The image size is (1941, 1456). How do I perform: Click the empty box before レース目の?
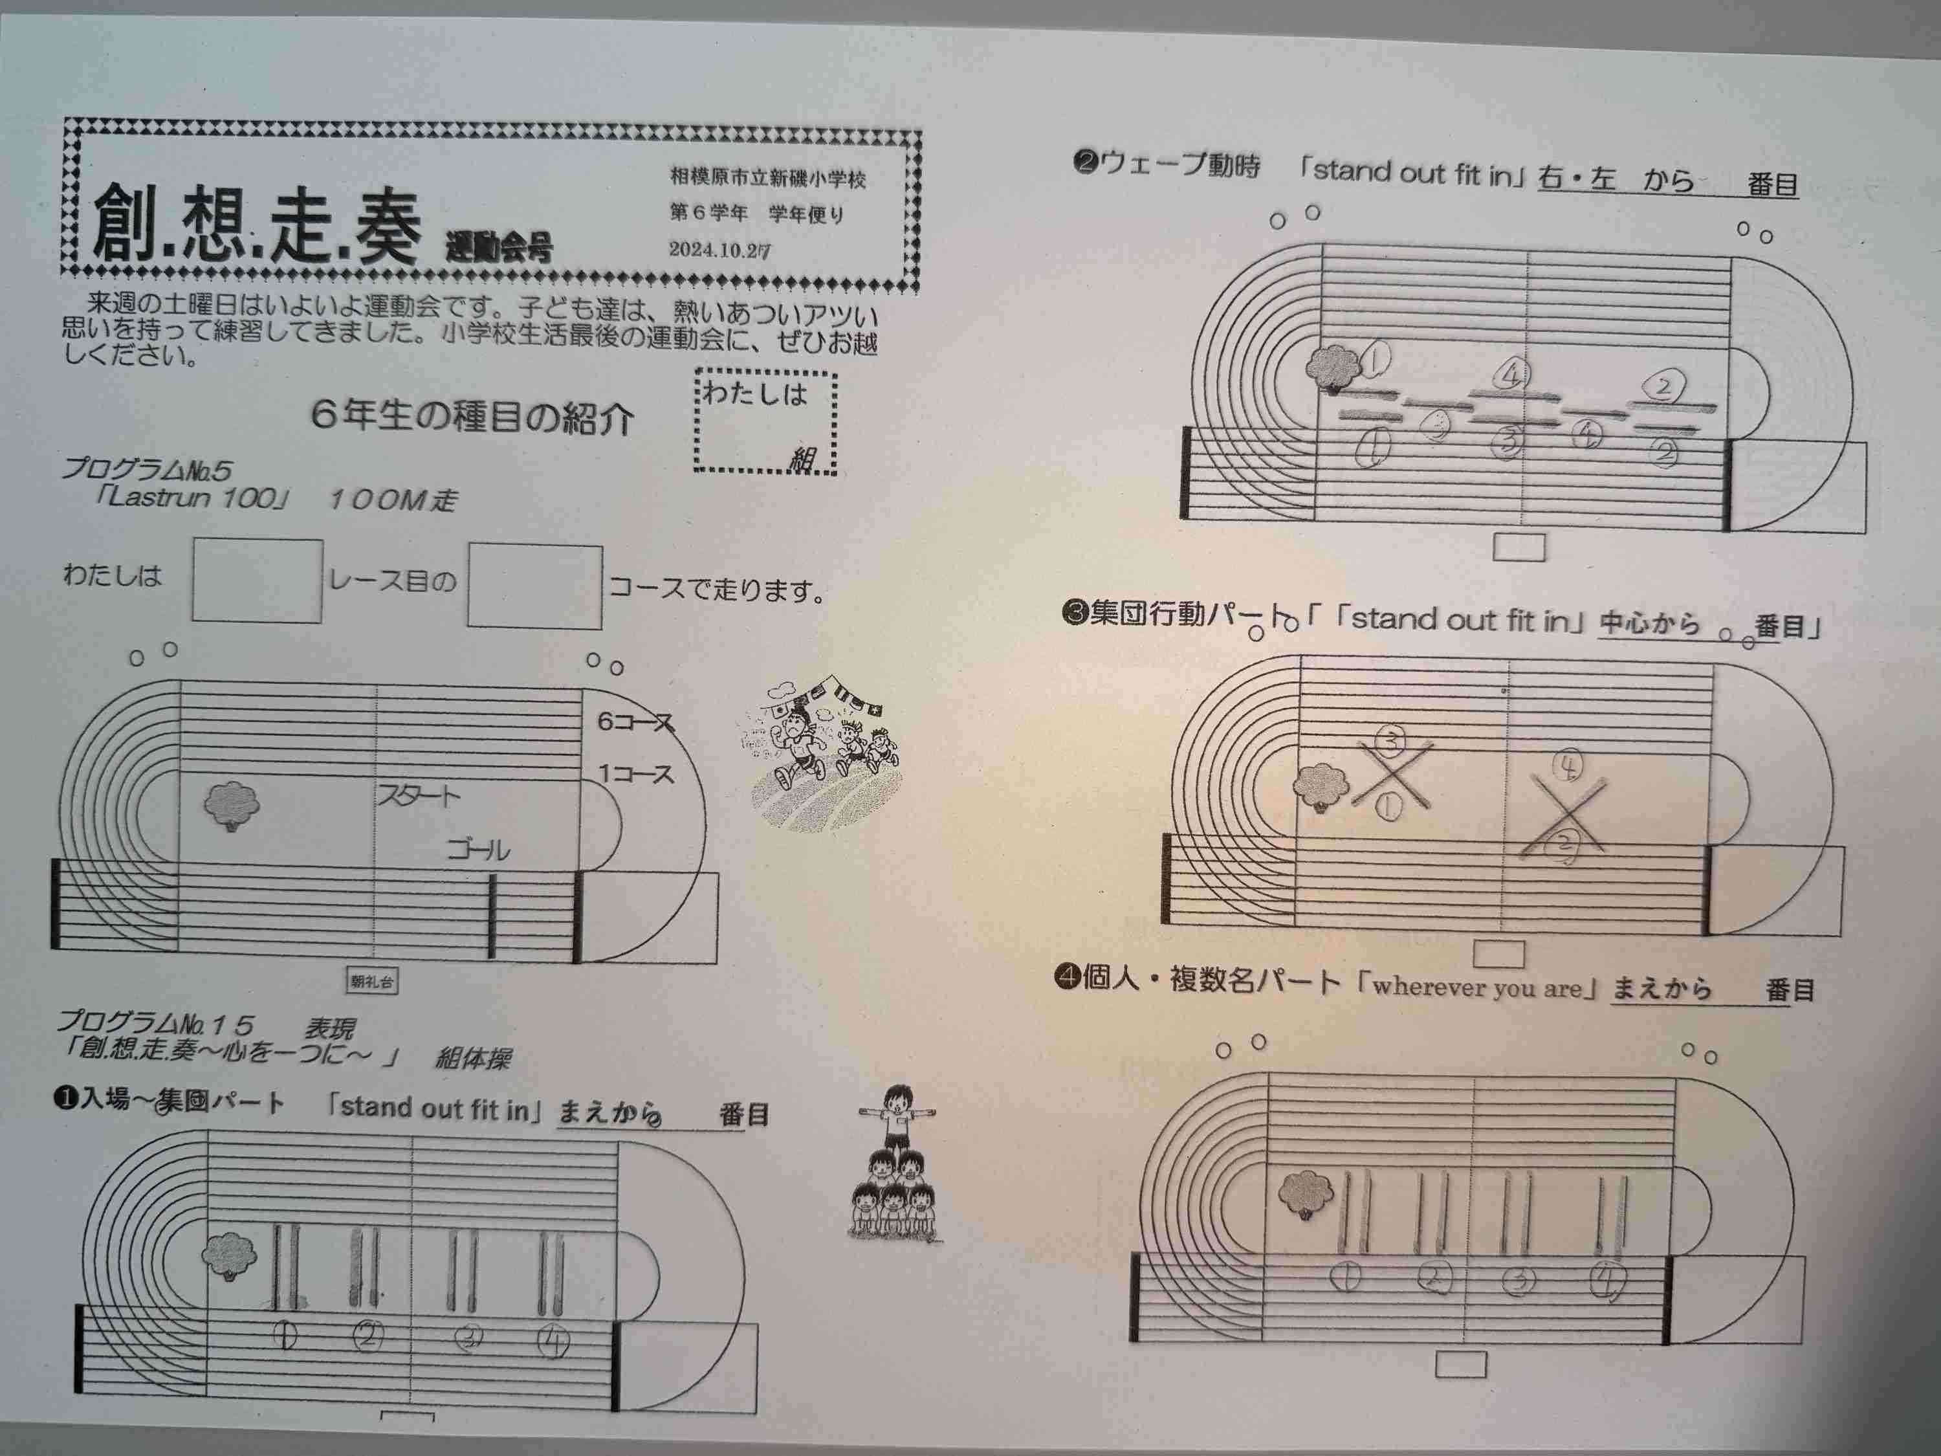[x=257, y=581]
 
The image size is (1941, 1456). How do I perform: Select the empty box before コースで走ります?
[x=534, y=586]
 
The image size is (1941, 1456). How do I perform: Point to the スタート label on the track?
[x=419, y=796]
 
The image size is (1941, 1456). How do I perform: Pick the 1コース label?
[x=636, y=774]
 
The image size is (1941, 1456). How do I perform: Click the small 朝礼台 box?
[x=371, y=981]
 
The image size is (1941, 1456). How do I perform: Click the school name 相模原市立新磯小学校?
[x=768, y=178]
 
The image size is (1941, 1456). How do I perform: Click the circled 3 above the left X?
[x=1389, y=742]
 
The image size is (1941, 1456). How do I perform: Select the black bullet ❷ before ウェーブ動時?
[x=1084, y=163]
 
